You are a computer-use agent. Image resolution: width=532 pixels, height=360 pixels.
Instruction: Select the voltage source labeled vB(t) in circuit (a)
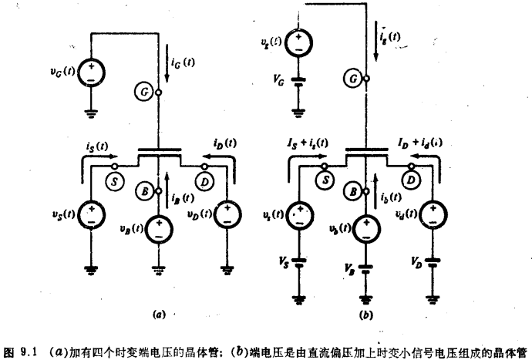[159, 227]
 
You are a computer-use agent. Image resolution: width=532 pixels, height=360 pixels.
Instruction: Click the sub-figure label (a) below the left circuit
[159, 315]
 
